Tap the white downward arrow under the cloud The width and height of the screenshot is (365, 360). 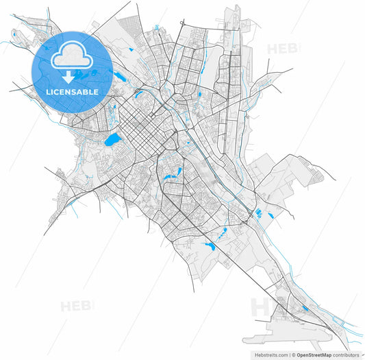point(68,77)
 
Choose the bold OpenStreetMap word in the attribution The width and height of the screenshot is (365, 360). point(314,355)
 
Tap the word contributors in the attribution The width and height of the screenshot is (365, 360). point(346,355)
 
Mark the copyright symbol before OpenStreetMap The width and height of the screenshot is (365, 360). point(292,355)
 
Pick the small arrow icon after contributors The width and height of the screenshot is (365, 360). point(362,355)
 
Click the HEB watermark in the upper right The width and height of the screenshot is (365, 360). point(283,49)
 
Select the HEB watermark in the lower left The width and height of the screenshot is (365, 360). point(76,306)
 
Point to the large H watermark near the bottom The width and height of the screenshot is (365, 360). point(261,308)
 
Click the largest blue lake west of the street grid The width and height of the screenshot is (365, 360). point(112,140)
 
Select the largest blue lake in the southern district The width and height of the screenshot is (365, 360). point(209,245)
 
